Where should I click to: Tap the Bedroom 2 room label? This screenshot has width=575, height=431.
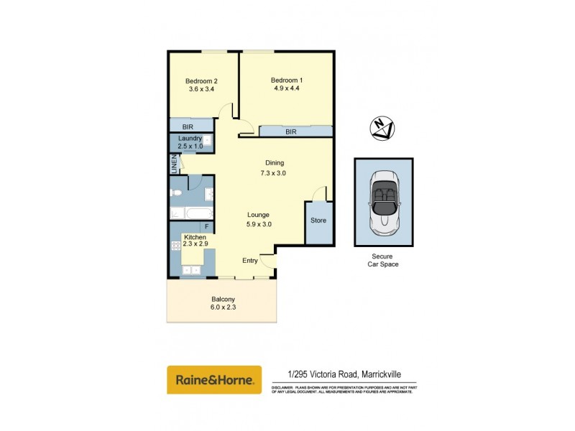[201, 80]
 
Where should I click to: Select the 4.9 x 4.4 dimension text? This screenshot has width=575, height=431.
[286, 90]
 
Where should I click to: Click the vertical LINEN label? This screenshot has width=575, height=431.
[173, 164]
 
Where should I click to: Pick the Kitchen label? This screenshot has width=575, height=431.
[195, 237]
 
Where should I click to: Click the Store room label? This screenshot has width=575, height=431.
[318, 221]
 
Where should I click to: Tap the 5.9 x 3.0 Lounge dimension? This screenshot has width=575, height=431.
[258, 224]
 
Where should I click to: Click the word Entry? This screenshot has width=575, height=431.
[249, 261]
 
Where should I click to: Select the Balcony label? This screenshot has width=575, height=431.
[223, 300]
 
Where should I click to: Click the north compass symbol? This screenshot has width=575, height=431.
[383, 129]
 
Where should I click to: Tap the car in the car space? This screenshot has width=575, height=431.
[383, 203]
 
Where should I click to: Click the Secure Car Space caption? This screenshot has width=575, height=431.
[383, 260]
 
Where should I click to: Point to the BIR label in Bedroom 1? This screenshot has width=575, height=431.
[291, 132]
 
